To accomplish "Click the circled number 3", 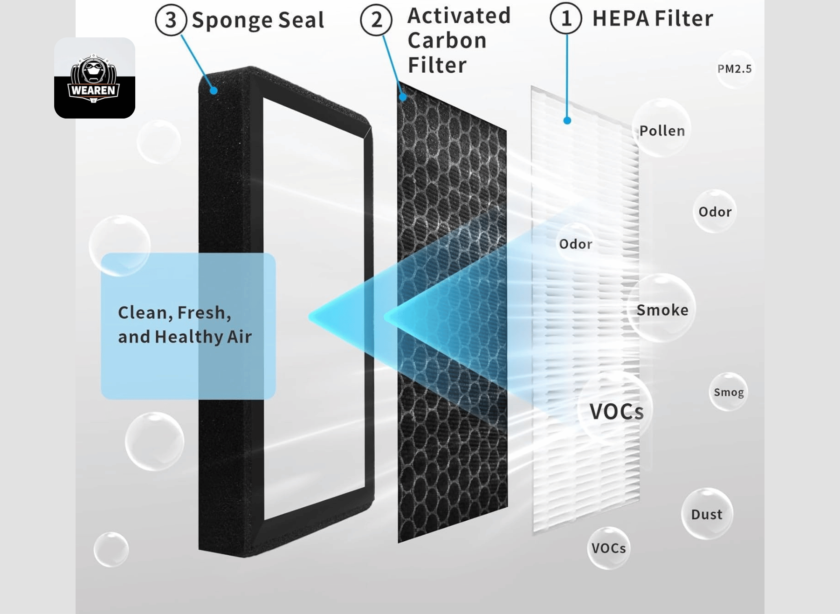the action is (171, 20).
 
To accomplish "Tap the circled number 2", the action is (376, 20).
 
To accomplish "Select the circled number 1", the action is (566, 18).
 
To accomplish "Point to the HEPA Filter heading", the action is (653, 18).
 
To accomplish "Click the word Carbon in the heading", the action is (447, 41).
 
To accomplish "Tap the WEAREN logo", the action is (94, 78).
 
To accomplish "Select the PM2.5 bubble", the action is (735, 69).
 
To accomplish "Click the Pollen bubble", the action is (662, 128).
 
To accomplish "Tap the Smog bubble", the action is (729, 392).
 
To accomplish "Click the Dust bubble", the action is (707, 514).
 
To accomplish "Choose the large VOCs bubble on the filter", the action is (616, 409).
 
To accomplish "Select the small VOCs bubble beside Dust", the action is (609, 548).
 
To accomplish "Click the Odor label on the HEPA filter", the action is (576, 244).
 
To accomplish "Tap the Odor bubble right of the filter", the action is (715, 211).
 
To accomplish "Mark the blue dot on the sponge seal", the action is (213, 90).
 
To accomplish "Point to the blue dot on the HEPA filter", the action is (567, 121).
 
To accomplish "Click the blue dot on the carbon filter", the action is (403, 97).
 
